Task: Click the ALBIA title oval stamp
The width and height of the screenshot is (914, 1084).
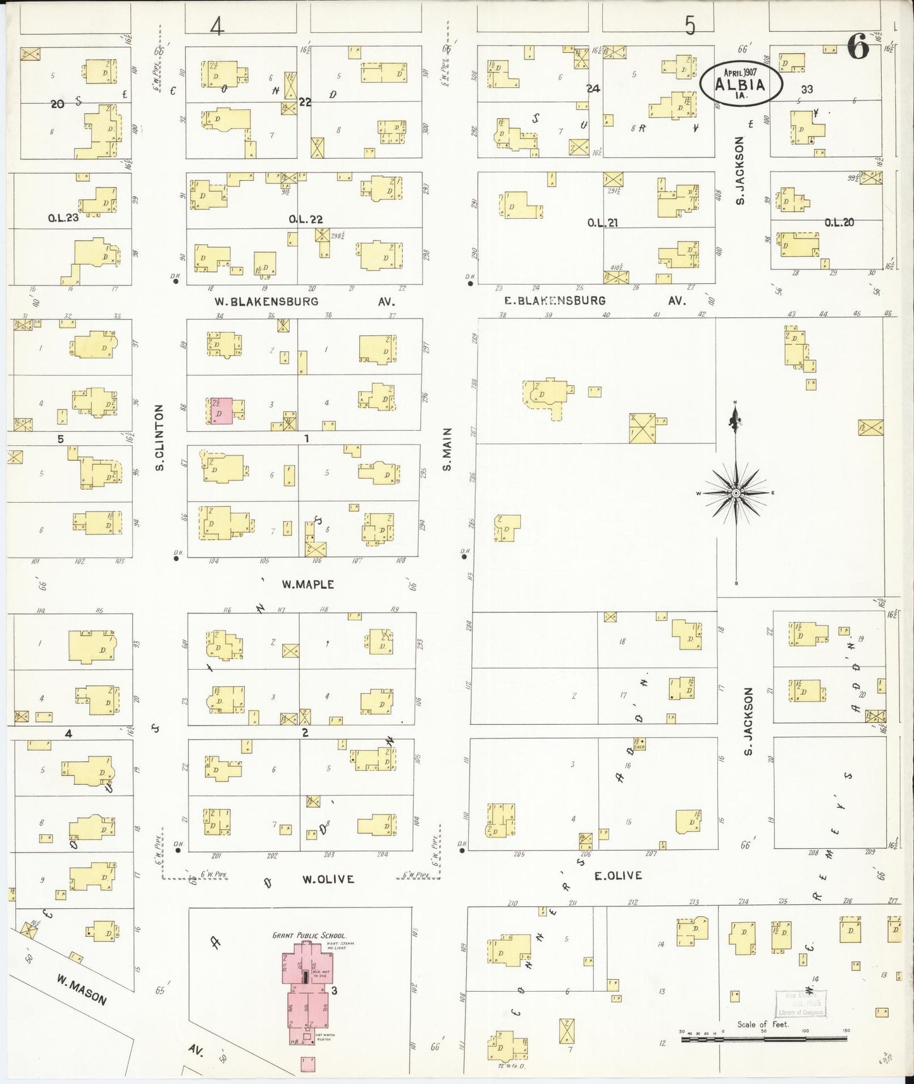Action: tap(741, 83)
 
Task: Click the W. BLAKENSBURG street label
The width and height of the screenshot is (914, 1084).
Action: tap(266, 302)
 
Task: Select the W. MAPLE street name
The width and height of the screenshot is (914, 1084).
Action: tap(307, 584)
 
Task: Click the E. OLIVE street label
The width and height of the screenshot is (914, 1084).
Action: tap(618, 875)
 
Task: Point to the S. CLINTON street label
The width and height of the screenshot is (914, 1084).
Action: tap(160, 438)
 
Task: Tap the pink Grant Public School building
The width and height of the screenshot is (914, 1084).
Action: tap(307, 993)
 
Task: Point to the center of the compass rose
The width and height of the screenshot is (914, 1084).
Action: tap(736, 493)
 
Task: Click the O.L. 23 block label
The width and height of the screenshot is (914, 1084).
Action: tap(63, 219)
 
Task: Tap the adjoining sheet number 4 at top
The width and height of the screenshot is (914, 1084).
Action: tap(217, 27)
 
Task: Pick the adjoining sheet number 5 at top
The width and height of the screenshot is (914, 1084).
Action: tap(689, 26)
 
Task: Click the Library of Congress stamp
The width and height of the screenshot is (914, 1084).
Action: tap(800, 1003)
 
